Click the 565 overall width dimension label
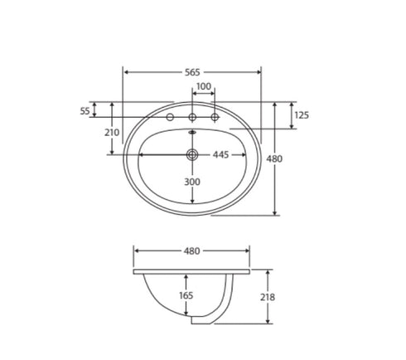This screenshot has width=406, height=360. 192,72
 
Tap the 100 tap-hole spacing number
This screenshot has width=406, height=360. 203,87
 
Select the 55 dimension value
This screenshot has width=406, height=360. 85,110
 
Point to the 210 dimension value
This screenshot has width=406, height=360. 112,132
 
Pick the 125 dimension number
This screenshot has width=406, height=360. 302,115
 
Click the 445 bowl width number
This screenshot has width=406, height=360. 220,154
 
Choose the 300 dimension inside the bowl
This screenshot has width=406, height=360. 192,182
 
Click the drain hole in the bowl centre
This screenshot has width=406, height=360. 192,154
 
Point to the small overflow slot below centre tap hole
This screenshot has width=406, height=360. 192,129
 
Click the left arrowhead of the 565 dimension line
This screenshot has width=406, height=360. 126,72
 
